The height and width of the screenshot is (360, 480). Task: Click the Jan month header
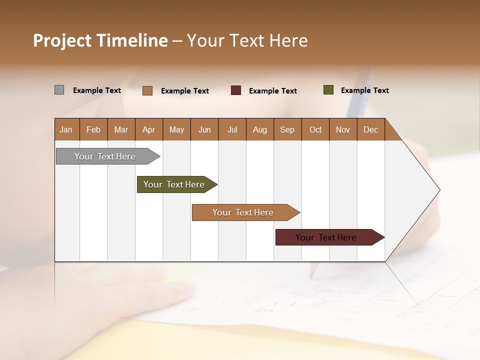pos(66,129)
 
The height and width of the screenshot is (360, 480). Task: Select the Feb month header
pos(93,129)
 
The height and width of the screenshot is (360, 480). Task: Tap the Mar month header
pos(121,129)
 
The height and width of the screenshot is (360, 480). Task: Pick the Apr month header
pos(149,129)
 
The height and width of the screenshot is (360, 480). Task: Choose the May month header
pos(176,129)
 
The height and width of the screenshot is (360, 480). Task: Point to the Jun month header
pos(204,129)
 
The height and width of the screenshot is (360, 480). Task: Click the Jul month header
pos(232,129)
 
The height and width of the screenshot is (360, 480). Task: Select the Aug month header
pos(260,129)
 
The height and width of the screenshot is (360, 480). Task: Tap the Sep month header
pos(287,129)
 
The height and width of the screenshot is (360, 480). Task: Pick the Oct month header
pos(315,129)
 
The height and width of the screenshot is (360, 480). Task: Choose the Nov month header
pos(343,129)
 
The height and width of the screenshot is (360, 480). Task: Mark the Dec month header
pos(371,129)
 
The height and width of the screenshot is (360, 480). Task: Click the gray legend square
pos(59,90)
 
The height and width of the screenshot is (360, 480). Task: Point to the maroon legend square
pos(236,90)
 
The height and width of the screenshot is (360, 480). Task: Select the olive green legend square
pos(328,90)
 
